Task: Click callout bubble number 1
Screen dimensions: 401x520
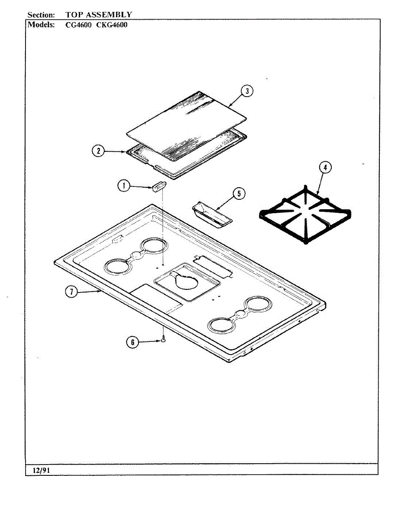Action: pyautogui.click(x=124, y=186)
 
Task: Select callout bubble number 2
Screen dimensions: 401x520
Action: pyautogui.click(x=99, y=151)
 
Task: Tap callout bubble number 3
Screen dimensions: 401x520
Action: pyautogui.click(x=247, y=91)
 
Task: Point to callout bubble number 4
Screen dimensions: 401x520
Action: pyautogui.click(x=325, y=168)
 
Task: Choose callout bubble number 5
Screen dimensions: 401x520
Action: pyautogui.click(x=239, y=194)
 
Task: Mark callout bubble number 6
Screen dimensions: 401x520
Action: pyautogui.click(x=133, y=342)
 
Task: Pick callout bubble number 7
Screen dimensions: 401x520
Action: pyautogui.click(x=71, y=292)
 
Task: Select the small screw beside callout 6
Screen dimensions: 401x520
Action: pyautogui.click(x=163, y=341)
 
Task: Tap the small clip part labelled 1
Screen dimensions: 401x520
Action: pyautogui.click(x=157, y=186)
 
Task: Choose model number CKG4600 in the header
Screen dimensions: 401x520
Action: pyautogui.click(x=112, y=25)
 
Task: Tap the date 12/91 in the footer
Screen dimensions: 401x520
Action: pyautogui.click(x=39, y=470)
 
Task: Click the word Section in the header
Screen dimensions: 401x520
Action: pyautogui.click(x=41, y=15)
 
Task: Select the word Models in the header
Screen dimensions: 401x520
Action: pyautogui.click(x=41, y=25)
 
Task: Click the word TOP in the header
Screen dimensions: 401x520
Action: pyautogui.click(x=74, y=15)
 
